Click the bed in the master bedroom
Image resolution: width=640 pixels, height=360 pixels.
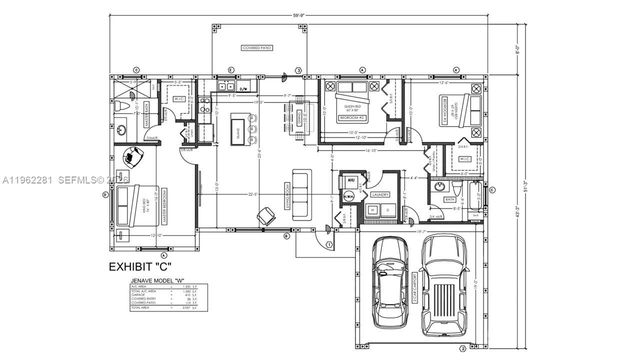(x=134, y=205)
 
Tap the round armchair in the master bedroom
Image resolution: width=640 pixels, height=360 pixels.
(x=132, y=158)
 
